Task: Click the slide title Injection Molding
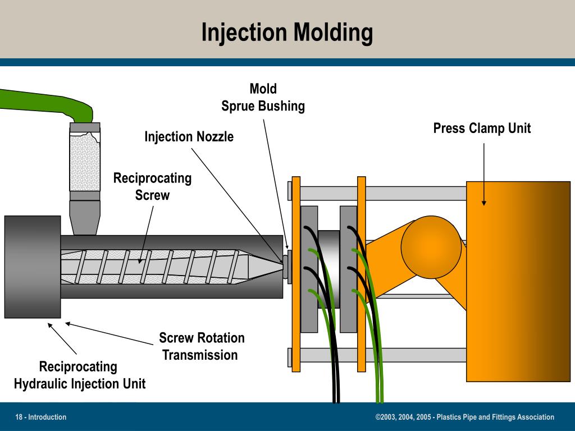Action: click(287, 33)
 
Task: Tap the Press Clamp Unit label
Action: click(482, 129)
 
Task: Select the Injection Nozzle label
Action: click(189, 137)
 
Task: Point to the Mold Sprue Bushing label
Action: click(263, 98)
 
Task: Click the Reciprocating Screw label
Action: click(152, 187)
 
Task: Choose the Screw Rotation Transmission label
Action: click(201, 346)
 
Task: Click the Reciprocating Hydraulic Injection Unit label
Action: click(79, 375)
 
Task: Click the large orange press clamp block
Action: click(518, 281)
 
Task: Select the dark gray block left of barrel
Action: click(32, 267)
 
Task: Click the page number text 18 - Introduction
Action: click(41, 417)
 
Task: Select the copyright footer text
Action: click(464, 417)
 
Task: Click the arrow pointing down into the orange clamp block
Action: click(484, 174)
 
